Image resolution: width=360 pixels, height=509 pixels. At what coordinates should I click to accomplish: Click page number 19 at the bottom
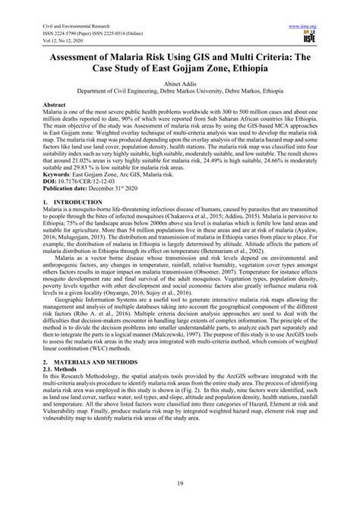(x=180, y=485)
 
